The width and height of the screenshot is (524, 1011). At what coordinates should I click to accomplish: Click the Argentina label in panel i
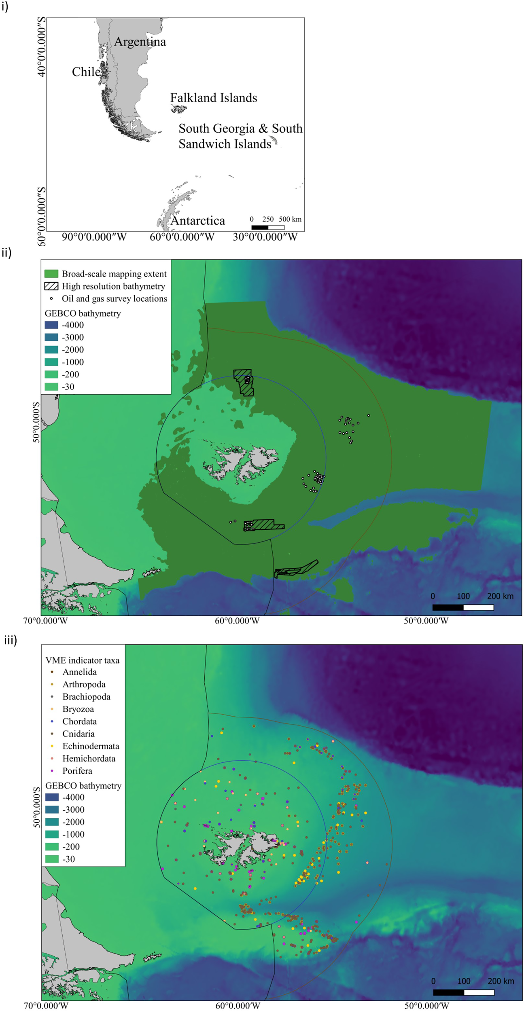140,42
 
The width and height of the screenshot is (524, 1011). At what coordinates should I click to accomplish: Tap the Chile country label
86,72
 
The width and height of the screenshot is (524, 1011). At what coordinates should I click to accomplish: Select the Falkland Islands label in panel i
213,98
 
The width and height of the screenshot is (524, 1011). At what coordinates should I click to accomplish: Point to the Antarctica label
197,221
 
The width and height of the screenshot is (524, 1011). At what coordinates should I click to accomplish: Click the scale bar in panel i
267,227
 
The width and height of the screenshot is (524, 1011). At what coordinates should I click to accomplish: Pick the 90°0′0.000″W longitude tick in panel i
94,237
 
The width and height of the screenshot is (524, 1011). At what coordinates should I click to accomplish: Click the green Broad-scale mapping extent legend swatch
51,274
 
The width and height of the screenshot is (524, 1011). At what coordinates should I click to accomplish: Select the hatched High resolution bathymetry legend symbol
51,286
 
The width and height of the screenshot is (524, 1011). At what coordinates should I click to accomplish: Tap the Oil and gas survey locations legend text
114,299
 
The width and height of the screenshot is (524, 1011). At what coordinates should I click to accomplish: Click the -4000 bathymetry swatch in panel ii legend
51,325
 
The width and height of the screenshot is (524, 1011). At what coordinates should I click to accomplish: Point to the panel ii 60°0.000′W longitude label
237,621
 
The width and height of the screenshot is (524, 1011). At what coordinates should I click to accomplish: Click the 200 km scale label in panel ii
500,596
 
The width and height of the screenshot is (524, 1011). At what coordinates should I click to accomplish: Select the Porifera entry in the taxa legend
77,771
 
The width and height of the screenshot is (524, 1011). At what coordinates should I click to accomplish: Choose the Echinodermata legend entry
91,746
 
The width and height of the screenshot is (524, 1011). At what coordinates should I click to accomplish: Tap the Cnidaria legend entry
78,734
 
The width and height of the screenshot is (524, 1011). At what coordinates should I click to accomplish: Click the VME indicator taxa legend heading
82,660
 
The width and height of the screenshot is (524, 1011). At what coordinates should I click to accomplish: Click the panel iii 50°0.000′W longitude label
426,1006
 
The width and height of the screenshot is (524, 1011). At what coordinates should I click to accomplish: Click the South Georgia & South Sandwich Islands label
240,136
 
